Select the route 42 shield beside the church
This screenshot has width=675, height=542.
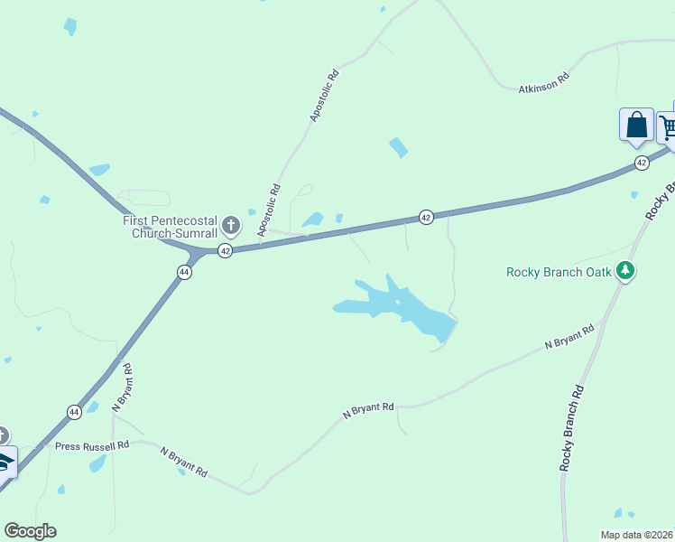coord(226,250)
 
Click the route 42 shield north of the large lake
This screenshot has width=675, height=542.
coord(426,217)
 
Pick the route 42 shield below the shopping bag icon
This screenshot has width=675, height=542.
coord(641,163)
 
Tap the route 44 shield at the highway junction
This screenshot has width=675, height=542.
coord(184,272)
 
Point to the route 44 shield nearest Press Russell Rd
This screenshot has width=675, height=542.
coord(74,412)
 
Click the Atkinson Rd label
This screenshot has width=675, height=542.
coord(544,83)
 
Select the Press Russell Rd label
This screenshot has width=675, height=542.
coord(92,445)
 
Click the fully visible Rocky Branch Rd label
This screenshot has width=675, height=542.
coord(572,427)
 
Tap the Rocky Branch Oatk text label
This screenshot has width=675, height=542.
coord(559,272)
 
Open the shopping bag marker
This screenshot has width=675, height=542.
coord(636,126)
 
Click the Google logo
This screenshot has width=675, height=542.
coord(30,531)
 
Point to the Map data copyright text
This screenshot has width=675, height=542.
coord(637,535)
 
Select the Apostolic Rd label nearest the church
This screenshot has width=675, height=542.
coord(270,211)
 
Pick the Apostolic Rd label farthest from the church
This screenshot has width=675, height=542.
coord(324,95)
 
